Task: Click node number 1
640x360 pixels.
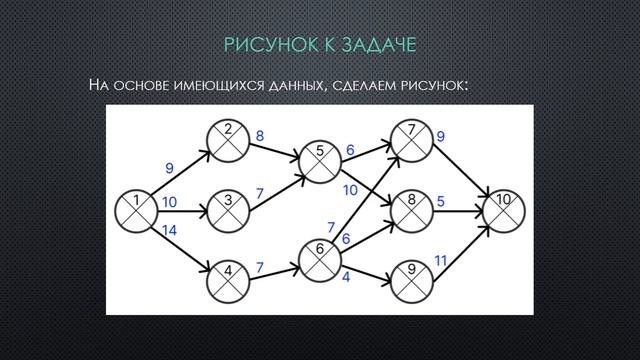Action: (136, 208)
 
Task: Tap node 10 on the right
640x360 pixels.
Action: (503, 208)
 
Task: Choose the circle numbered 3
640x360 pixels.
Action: (229, 208)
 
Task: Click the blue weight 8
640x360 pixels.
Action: (260, 136)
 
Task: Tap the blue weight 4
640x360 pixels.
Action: (346, 277)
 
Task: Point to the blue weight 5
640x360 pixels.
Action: (441, 200)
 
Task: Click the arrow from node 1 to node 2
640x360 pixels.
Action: (180, 169)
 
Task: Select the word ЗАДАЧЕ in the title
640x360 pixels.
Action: (379, 45)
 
